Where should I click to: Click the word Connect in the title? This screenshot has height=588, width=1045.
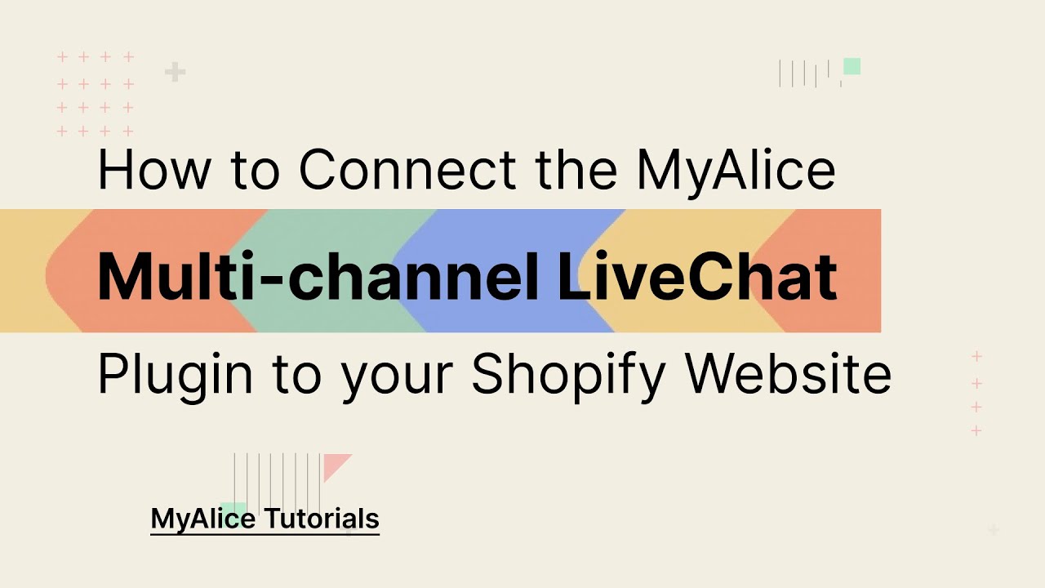point(409,170)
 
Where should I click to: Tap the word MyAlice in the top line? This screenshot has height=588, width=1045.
point(736,170)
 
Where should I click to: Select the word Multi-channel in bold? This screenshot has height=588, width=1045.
point(318,276)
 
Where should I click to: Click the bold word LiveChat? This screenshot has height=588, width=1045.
point(697,276)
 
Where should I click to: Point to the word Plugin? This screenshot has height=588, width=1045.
point(175,375)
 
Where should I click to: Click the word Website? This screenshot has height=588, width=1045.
point(788,375)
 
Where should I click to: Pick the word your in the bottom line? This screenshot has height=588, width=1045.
point(399,377)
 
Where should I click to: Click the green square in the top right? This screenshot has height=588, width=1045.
point(852,66)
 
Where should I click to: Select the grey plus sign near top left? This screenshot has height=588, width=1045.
point(175,73)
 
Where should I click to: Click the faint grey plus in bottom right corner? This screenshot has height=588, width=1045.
point(993,531)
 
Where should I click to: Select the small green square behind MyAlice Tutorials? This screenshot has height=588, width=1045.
point(233,508)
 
